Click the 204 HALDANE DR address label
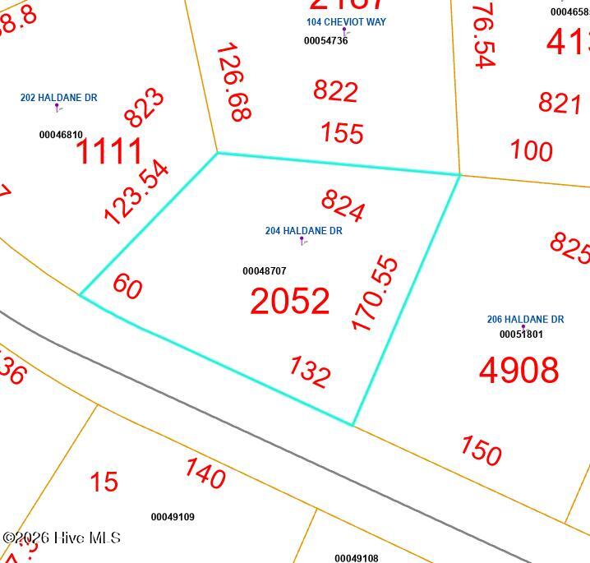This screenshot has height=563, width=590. pos(303,231)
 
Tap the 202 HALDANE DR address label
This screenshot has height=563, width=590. pos(58,98)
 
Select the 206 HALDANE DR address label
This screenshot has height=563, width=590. pos(525,319)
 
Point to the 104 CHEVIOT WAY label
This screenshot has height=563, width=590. pos(346,22)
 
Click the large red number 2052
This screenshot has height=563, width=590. pos(289,302)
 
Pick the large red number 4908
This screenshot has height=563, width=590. pos(519,370)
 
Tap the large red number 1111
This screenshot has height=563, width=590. pos(109,152)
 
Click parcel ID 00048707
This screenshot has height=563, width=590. pos(264,271)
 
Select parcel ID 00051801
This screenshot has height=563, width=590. pos(521,335)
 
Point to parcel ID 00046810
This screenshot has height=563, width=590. pos(61,135)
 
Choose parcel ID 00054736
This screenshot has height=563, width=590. pos(325,41)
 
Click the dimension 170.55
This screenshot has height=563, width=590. pos(375,293)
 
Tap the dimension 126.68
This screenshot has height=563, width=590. pos(233,82)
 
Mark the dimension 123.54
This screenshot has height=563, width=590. pos(136,192)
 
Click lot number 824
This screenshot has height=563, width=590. pos(343,205)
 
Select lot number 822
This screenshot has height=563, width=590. pos(335,90)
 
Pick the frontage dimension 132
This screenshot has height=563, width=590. pos(309,371)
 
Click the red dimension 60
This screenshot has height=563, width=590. pos(127,286)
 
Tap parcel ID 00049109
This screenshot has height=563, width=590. pos(173,517)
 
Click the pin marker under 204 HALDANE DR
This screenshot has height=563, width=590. pos(302,241)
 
